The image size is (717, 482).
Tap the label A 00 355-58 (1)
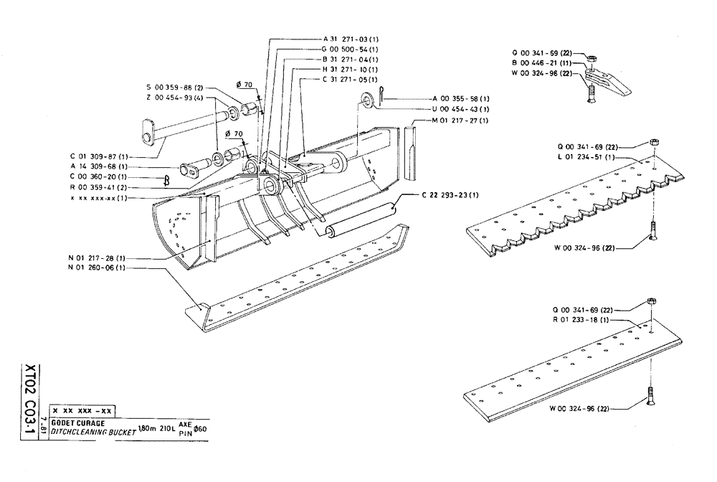point(461,98)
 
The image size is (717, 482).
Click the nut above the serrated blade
point(654,141)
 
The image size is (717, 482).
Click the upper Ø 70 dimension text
point(248,85)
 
